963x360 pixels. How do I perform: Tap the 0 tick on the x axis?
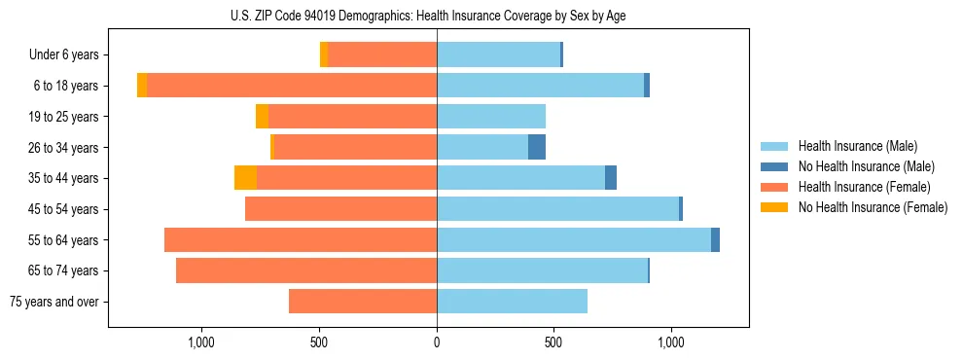click(437, 342)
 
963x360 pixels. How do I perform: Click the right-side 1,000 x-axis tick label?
click(671, 342)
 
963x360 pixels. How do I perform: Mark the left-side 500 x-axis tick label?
click(319, 342)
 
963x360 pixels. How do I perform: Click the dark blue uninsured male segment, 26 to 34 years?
click(537, 147)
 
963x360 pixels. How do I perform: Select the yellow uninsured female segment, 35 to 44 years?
click(245, 178)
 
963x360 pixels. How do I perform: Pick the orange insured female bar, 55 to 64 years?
click(301, 240)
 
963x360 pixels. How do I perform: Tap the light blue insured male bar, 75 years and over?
click(512, 302)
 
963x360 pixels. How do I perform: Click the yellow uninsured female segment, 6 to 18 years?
click(142, 86)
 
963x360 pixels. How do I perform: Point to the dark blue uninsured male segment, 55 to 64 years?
click(715, 240)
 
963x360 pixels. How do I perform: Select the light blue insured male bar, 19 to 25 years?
click(491, 117)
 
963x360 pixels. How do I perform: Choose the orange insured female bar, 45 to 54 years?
click(340, 209)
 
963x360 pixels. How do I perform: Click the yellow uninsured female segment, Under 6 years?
click(324, 55)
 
